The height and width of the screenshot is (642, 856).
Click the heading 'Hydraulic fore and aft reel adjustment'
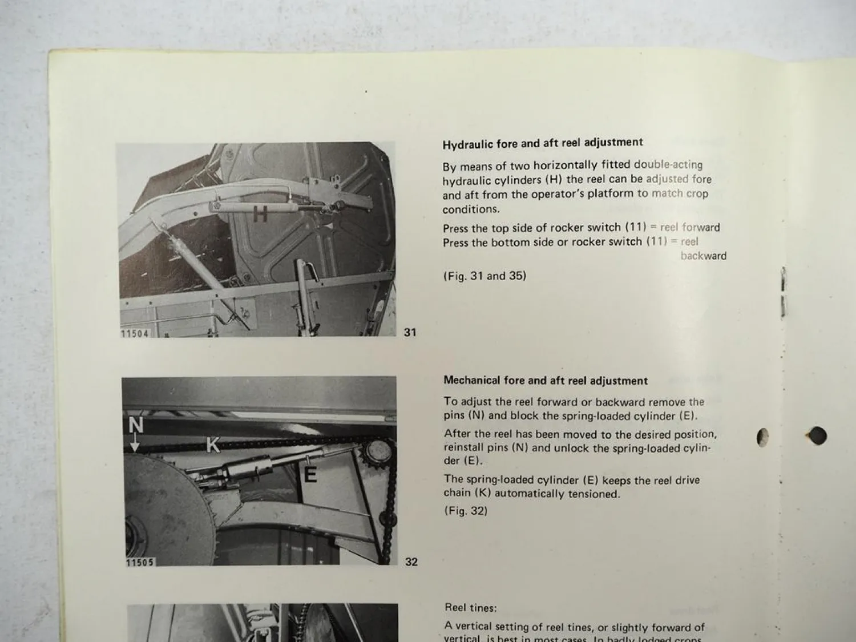[x=542, y=143]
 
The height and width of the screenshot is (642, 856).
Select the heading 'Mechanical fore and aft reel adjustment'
[x=545, y=381]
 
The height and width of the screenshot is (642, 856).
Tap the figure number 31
[x=410, y=332]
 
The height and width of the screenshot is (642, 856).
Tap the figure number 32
[x=411, y=562]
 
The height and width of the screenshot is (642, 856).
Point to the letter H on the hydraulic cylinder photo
[x=260, y=215]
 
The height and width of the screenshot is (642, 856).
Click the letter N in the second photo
[x=136, y=425]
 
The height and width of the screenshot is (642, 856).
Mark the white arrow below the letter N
[x=135, y=444]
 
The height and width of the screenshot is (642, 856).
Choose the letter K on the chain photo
[x=213, y=445]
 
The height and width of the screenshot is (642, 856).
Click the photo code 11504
[x=135, y=333]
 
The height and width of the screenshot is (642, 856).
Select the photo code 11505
[x=140, y=563]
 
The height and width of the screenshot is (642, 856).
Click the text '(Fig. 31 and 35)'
[x=484, y=276]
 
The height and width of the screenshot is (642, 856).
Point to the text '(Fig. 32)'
[x=466, y=511]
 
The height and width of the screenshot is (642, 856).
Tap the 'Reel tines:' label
[x=471, y=608]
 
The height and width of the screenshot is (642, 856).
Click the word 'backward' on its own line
[x=703, y=256]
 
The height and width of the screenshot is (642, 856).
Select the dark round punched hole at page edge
[x=817, y=436]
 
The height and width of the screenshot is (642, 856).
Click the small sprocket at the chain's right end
[x=378, y=452]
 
